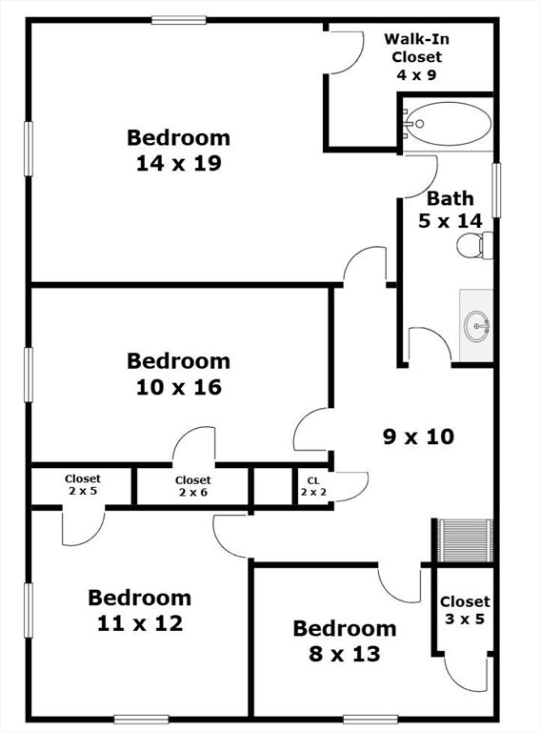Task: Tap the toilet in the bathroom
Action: [474, 246]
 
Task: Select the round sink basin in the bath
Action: [476, 325]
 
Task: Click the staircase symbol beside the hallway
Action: [465, 540]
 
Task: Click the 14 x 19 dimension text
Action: [179, 163]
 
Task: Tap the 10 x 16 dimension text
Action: [179, 387]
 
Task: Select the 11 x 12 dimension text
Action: [140, 623]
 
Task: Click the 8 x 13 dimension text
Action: [345, 654]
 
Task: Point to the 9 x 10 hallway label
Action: [418, 437]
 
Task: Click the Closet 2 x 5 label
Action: [83, 484]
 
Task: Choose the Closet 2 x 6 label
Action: [193, 486]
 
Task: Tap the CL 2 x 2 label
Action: [313, 486]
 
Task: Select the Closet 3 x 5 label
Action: [465, 610]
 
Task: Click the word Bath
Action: [450, 199]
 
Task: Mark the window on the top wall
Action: [179, 20]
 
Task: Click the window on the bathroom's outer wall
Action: [496, 190]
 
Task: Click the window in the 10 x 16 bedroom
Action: [29, 375]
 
